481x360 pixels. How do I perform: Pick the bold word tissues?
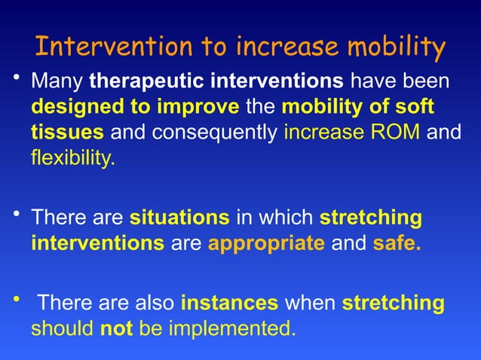click(67, 133)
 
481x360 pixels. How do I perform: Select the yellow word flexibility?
click(73, 159)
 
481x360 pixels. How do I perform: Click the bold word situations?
click(179, 218)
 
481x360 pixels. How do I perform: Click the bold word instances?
click(230, 304)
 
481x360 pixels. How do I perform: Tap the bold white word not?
click(118, 329)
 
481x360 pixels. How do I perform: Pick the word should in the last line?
click(63, 329)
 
